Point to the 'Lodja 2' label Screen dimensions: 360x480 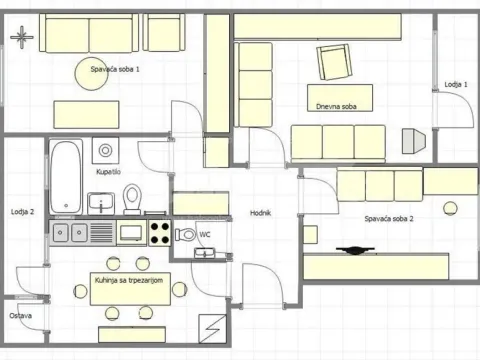[x=23, y=212]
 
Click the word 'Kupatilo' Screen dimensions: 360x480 [x=109, y=172]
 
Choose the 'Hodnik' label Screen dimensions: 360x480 [x=261, y=213]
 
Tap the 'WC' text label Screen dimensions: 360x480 [x=204, y=234]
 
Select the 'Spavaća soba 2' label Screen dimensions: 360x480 [x=389, y=218]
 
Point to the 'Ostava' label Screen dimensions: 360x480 [x=20, y=316]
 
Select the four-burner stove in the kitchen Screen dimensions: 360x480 [x=160, y=233]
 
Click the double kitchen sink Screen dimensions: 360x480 [x=68, y=233]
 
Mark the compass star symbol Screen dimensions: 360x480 [x=19, y=37]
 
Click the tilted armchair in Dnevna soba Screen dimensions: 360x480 [x=336, y=64]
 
